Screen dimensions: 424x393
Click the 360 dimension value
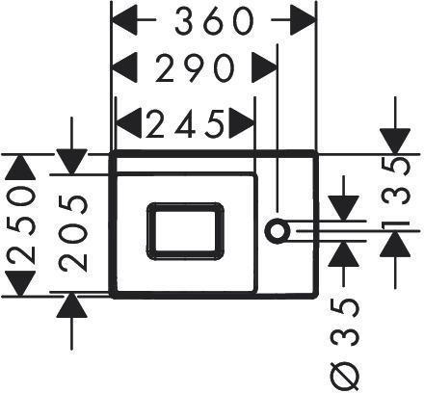(214, 20)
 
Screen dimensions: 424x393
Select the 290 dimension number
(194, 67)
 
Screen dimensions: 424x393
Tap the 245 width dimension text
(185, 123)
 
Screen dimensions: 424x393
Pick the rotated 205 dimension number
(73, 233)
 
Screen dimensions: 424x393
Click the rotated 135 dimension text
(396, 195)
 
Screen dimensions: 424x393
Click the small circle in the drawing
(277, 231)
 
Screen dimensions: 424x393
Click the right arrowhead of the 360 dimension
(303, 20)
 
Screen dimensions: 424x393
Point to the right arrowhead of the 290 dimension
(264, 67)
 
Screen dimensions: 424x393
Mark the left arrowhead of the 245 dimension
(128, 123)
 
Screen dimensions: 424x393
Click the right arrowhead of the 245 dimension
(242, 123)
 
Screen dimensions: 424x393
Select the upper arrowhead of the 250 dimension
(21, 167)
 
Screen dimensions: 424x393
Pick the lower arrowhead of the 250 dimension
(21, 283)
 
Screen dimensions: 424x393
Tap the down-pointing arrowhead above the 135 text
(395, 142)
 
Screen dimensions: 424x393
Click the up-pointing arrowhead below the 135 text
(395, 244)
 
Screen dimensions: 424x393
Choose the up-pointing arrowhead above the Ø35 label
(344, 253)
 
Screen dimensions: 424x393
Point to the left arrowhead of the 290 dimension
(123, 67)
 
